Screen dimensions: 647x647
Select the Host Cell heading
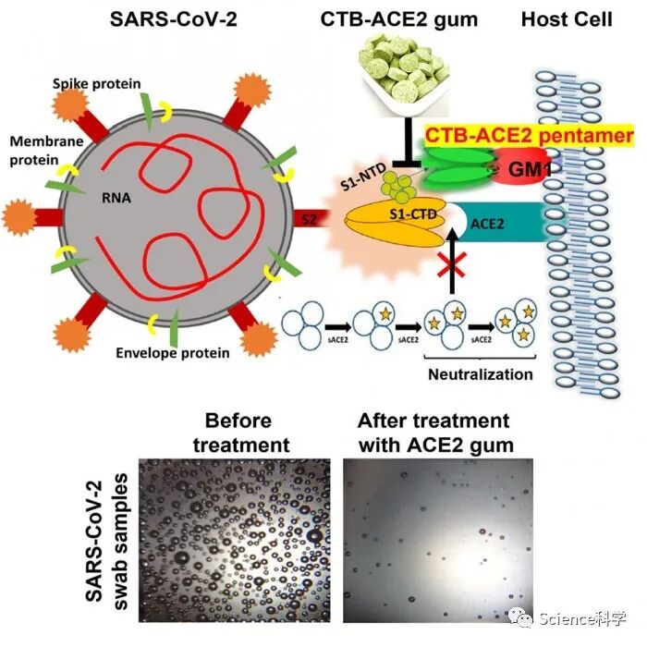pyautogui.click(x=567, y=18)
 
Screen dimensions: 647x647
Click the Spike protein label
pyautogui.click(x=108, y=84)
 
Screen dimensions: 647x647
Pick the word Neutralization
pyautogui.click(x=480, y=374)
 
